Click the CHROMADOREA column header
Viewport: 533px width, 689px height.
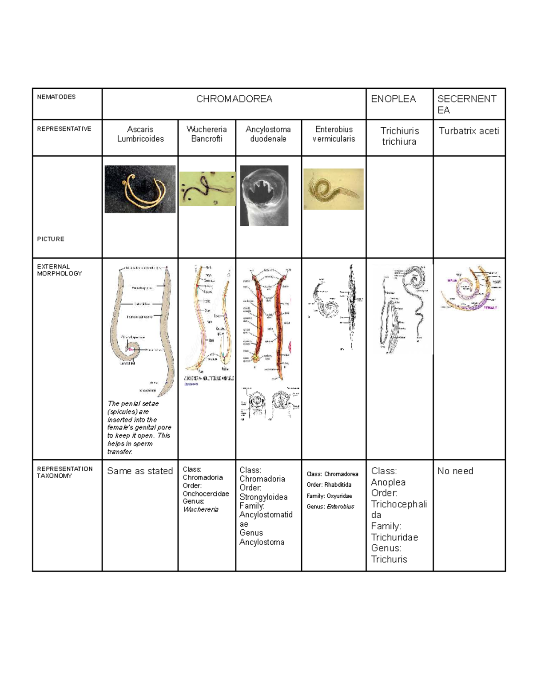[234, 99]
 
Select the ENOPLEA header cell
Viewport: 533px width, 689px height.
[393, 99]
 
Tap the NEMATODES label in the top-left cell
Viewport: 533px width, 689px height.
[56, 97]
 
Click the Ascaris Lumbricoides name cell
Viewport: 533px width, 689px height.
[140, 134]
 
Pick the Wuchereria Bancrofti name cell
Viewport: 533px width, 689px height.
[207, 134]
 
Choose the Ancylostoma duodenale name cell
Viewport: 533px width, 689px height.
[268, 134]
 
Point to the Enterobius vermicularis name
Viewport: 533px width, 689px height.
[334, 134]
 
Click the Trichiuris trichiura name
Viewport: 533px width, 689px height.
[399, 136]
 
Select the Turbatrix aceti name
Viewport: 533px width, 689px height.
[469, 131]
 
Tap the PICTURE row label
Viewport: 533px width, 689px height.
[51, 239]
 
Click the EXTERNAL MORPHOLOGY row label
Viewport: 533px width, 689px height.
[59, 270]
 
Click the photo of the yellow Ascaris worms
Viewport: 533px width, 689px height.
[140, 189]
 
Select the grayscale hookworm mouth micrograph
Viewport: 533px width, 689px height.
[264, 196]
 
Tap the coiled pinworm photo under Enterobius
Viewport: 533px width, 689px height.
[333, 189]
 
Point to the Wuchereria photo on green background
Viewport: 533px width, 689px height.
[207, 189]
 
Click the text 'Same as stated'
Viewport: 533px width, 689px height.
[140, 471]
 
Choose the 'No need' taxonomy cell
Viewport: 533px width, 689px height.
[455, 471]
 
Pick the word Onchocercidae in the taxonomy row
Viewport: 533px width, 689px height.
[206, 494]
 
